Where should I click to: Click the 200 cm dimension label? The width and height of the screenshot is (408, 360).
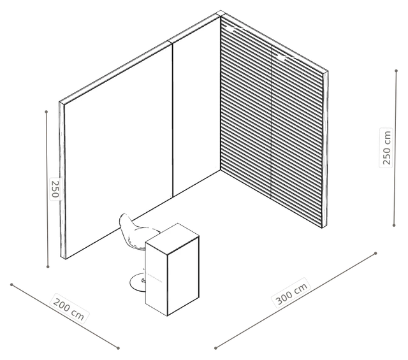click(69, 309)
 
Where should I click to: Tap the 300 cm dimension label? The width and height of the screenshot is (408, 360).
click(291, 293)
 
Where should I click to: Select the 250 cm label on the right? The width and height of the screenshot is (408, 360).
click(386, 148)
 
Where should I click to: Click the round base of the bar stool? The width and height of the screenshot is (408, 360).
click(138, 283)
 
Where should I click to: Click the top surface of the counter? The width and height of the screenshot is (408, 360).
click(172, 238)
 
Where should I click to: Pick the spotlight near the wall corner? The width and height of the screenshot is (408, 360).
click(231, 29)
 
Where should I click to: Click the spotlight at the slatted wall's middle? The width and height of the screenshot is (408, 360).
click(282, 58)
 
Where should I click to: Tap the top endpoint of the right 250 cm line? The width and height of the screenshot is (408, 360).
click(396, 71)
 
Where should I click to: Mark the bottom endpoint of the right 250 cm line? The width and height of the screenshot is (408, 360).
click(394, 226)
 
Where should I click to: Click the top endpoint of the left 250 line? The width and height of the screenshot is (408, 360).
click(47, 112)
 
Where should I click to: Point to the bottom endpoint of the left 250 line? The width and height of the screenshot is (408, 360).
click(48, 266)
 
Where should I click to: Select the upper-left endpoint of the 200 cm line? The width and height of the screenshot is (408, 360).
click(11, 285)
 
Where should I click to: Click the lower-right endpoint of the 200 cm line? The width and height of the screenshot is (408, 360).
click(118, 348)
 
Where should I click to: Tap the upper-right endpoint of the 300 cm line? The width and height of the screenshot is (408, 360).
click(375, 253)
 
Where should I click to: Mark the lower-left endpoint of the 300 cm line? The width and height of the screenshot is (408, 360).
click(215, 348)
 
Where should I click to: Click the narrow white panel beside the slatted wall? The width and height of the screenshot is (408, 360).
click(196, 106)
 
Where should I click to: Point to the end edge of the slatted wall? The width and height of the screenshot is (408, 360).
click(325, 150)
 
